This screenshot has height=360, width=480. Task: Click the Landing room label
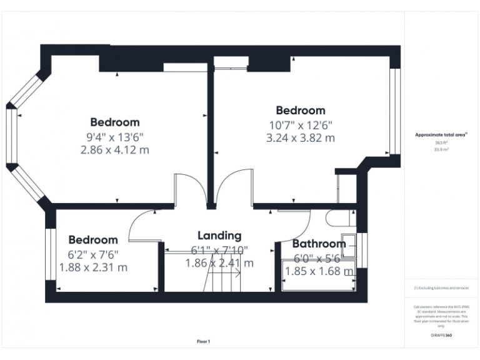pos(219,236)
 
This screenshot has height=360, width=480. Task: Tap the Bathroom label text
pos(319,244)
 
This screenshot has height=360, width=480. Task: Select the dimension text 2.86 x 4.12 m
pos(115,150)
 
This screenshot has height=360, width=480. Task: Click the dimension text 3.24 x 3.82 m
pos(301,138)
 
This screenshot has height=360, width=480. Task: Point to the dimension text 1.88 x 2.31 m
pos(93,267)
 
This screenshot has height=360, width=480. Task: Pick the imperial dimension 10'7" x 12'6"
pos(301,125)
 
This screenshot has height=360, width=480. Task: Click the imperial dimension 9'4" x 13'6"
pos(115,136)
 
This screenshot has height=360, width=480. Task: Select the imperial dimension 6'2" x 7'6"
pos(93,254)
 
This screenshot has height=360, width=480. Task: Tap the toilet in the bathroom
pos(341,217)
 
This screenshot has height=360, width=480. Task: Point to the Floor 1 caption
pos(204,342)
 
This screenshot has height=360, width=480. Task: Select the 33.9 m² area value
pos(441,150)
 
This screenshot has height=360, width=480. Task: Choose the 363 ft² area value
pos(441,143)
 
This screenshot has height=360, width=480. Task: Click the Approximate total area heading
pos(441,135)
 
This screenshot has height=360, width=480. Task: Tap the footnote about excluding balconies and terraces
pos(441,288)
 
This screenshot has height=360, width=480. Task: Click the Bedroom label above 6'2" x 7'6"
pos(93,240)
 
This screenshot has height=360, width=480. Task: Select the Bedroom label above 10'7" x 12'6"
pos(301,111)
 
